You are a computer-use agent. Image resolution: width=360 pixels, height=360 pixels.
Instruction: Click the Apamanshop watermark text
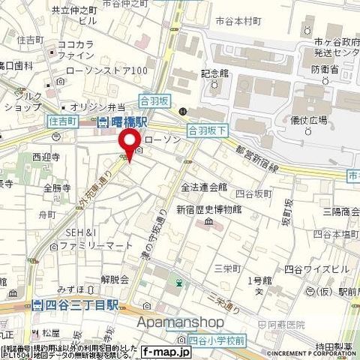pyautogui.click(x=179, y=322)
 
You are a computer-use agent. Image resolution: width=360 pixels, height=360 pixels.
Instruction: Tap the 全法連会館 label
pyautogui.click(x=202, y=187)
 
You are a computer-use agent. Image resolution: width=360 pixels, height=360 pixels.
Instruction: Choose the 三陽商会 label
pyautogui.click(x=340, y=212)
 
